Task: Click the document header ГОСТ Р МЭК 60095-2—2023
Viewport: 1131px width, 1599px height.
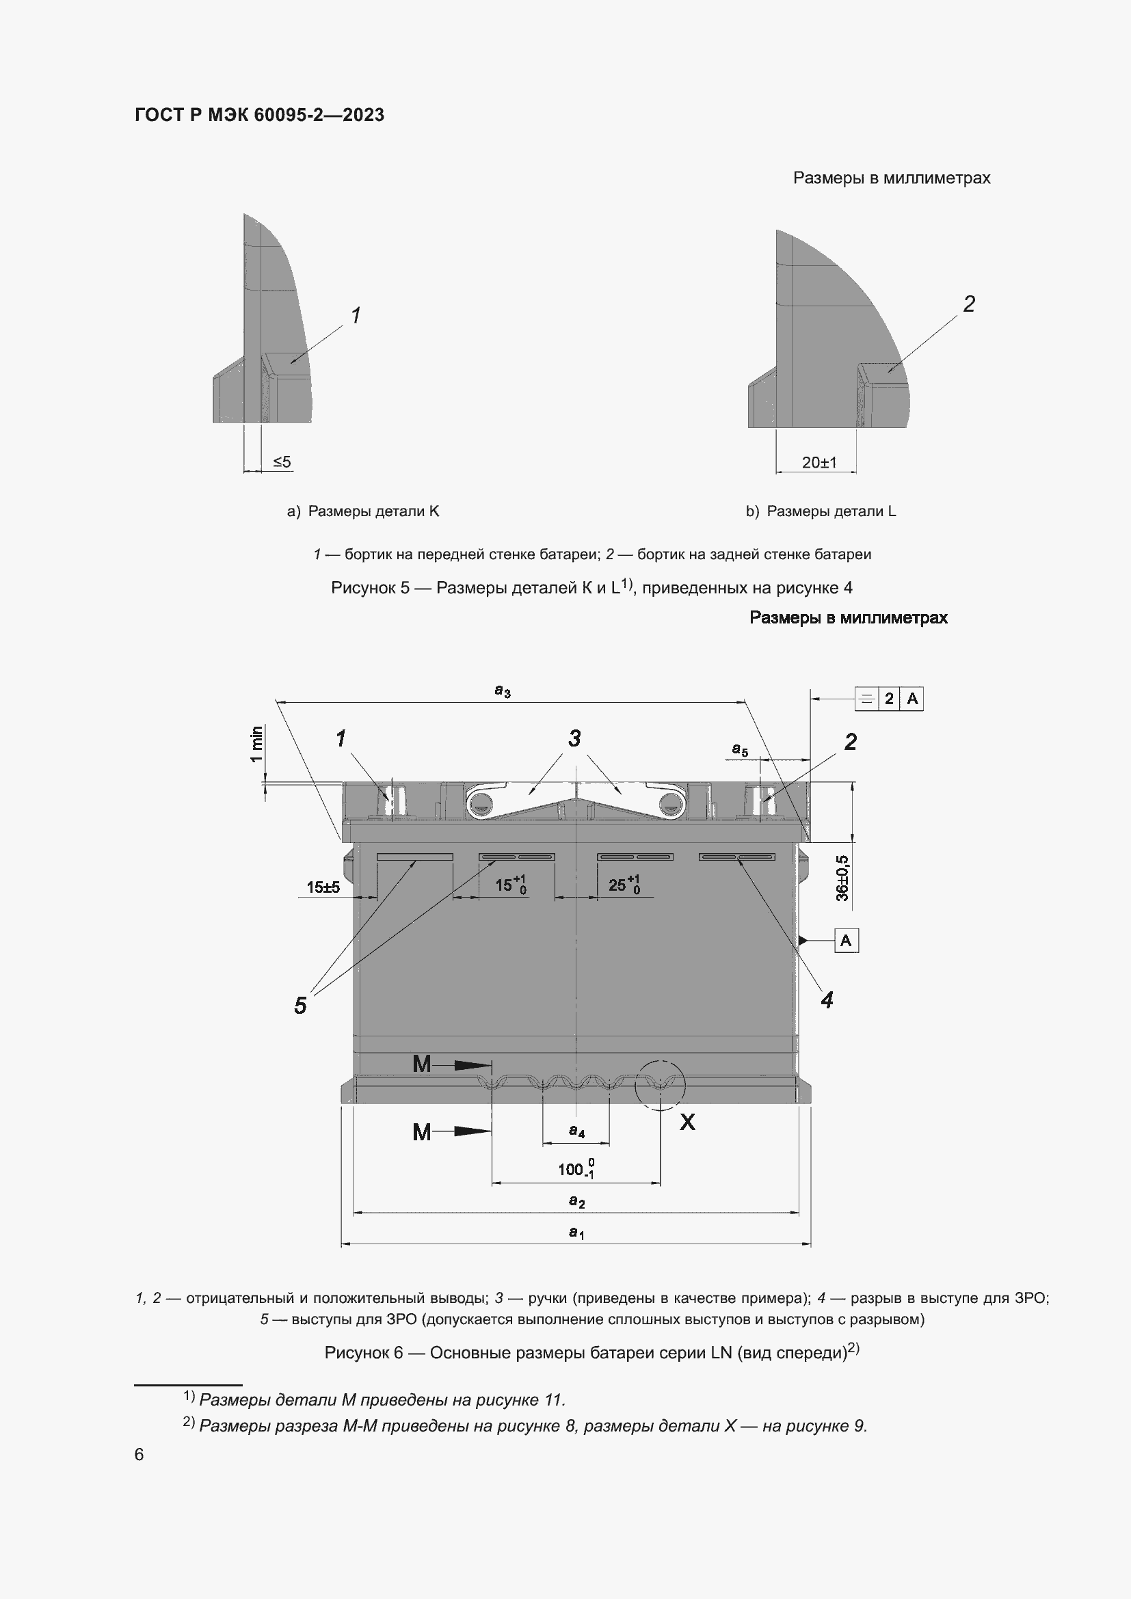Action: click(259, 115)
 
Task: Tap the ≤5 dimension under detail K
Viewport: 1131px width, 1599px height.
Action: click(281, 461)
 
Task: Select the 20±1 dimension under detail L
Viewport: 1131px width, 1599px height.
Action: click(819, 462)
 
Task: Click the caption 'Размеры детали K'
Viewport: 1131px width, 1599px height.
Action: click(363, 511)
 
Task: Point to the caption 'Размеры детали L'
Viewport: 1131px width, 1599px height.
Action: click(821, 511)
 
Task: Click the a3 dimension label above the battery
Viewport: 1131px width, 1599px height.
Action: click(502, 691)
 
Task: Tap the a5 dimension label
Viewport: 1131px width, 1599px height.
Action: click(740, 750)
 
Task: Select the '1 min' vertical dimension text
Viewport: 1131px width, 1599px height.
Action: click(257, 744)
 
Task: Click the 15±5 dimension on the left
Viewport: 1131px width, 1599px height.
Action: click(323, 887)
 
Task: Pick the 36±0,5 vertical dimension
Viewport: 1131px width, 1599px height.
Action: click(842, 878)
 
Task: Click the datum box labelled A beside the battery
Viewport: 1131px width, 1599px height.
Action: click(845, 941)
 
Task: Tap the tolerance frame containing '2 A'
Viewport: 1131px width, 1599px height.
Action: click(889, 699)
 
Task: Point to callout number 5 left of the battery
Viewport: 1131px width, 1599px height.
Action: click(300, 1006)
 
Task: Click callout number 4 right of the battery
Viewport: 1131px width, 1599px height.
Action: click(827, 1000)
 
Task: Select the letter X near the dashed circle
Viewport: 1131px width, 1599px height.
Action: click(687, 1122)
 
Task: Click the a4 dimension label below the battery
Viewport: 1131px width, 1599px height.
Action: click(576, 1130)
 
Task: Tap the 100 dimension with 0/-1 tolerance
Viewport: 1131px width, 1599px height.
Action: click(575, 1168)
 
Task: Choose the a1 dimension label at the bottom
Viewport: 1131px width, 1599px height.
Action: click(576, 1232)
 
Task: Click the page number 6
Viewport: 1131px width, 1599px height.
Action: click(139, 1454)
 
